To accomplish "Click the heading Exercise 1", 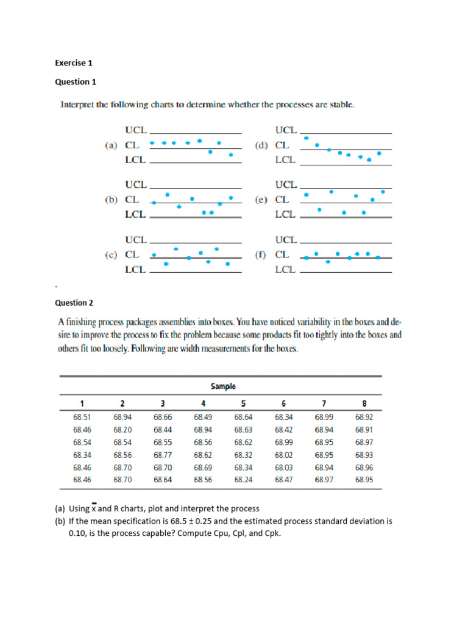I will click(x=73, y=62).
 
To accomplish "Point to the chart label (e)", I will click(x=261, y=200).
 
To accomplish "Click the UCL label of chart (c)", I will click(x=135, y=239).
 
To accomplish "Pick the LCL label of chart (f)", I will click(x=285, y=269).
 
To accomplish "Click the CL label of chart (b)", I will click(x=132, y=200).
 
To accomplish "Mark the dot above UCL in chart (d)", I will click(x=306, y=138).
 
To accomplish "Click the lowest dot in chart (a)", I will click(x=230, y=155).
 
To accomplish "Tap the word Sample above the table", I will click(x=223, y=386).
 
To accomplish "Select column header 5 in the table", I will click(x=243, y=403).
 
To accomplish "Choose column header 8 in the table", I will click(x=364, y=403).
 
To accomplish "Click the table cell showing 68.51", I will click(x=82, y=418).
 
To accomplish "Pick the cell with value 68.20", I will click(x=122, y=430).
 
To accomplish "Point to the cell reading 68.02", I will click(x=284, y=455).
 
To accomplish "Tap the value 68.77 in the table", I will click(x=163, y=455).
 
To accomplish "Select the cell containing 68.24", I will click(x=243, y=480).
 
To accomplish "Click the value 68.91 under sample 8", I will click(x=364, y=430).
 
